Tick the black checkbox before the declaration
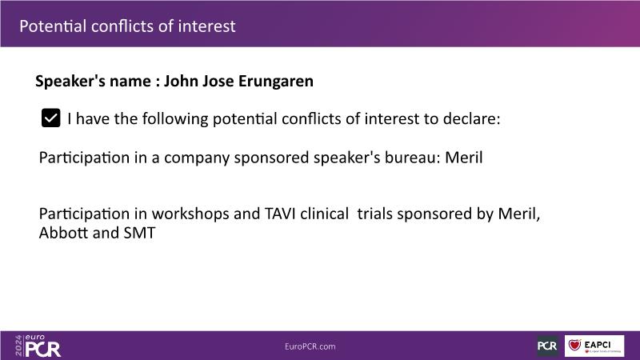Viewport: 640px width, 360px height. [50, 118]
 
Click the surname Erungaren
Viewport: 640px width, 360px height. [275, 82]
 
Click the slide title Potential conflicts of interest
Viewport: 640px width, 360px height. [127, 26]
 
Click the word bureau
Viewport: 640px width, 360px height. [412, 158]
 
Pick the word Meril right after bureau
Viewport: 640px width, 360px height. [464, 158]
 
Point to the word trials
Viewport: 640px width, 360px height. [374, 214]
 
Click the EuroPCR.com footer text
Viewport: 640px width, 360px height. [310, 346]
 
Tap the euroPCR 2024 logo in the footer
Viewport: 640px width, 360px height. [38, 346]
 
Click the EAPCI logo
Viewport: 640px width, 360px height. [594, 346]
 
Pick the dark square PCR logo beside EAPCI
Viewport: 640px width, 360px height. [547, 346]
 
